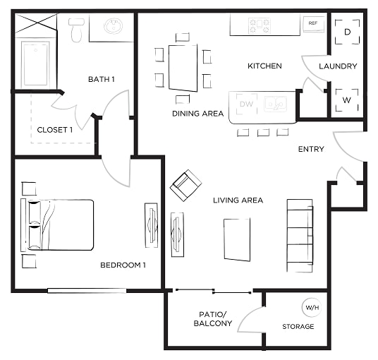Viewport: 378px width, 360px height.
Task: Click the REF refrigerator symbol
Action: click(313, 24)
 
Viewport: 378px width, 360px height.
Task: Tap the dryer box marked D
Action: click(347, 32)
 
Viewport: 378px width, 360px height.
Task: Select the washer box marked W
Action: click(347, 100)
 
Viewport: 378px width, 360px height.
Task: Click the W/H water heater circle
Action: click(312, 307)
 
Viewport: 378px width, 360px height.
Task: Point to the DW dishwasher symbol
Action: click(247, 104)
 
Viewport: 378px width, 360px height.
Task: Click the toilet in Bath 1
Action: click(76, 30)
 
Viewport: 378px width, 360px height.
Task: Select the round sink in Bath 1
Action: click(113, 25)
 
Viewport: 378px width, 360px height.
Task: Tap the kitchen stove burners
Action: click(259, 26)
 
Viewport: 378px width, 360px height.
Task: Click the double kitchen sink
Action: click(275, 104)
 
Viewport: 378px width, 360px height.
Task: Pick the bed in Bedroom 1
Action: click(57, 224)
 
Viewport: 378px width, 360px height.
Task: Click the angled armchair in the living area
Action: click(185, 186)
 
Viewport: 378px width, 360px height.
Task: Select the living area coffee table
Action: click(237, 239)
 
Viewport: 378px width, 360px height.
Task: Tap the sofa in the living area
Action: click(300, 236)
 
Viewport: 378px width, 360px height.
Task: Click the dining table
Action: click(183, 68)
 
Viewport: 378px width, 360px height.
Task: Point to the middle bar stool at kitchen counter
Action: click(263, 133)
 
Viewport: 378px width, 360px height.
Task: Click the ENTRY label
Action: click(311, 149)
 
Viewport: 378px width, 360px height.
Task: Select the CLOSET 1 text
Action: click(55, 130)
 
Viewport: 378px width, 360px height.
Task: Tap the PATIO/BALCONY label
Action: click(213, 319)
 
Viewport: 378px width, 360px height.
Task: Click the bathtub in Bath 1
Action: click(35, 64)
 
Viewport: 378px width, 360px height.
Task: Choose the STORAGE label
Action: click(298, 326)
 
